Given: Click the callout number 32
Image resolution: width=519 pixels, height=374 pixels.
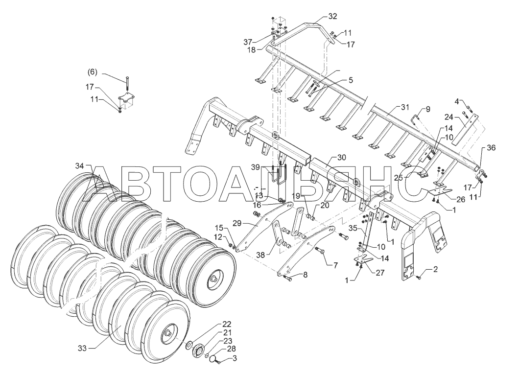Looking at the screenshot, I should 332,17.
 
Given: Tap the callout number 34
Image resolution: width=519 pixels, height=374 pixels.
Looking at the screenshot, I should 80,166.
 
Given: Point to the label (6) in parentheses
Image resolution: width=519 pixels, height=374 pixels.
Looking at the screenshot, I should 92,72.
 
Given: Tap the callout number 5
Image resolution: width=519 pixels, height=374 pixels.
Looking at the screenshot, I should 351,79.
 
